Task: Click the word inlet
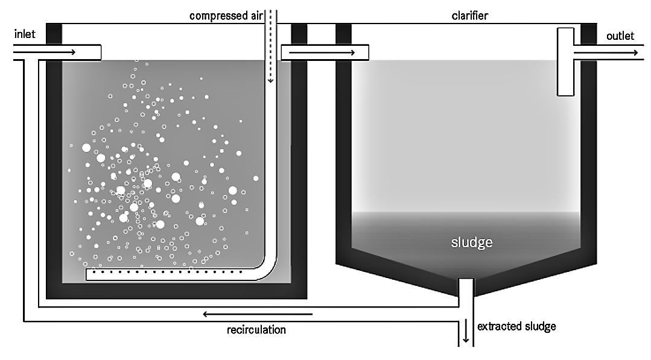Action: click(25, 35)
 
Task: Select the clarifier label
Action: click(469, 16)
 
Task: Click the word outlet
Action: click(620, 36)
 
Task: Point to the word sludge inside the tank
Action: click(472, 243)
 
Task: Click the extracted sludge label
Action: click(516, 327)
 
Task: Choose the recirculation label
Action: click(256, 330)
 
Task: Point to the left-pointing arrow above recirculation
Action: click(257, 314)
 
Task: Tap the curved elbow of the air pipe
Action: click(267, 265)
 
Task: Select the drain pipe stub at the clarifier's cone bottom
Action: click(465, 289)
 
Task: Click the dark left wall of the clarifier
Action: click(343, 151)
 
